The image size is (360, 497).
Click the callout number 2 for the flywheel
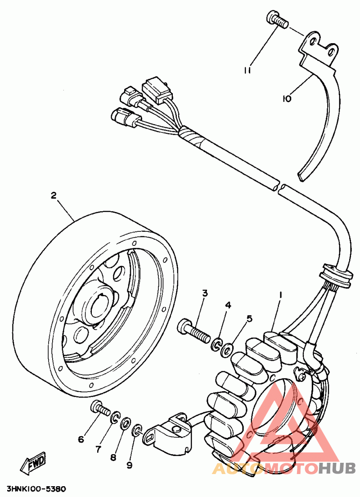click(x=54, y=195)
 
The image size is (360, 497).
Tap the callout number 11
click(x=247, y=70)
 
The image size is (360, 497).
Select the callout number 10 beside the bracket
click(x=287, y=98)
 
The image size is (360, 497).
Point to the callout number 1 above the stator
click(x=280, y=294)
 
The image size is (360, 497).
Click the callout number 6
click(x=81, y=439)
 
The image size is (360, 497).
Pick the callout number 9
click(x=129, y=465)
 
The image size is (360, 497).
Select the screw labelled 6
click(x=100, y=409)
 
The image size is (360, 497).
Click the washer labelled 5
click(x=228, y=348)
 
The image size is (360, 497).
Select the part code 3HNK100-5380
click(x=36, y=489)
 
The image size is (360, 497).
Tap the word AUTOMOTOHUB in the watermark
click(x=283, y=468)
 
